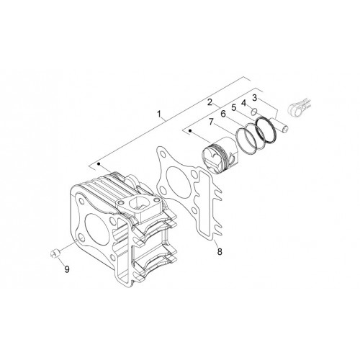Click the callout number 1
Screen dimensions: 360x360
click(x=158, y=114)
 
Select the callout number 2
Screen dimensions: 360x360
click(x=210, y=102)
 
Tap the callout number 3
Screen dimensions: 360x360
click(x=254, y=98)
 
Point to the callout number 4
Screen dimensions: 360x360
click(x=243, y=103)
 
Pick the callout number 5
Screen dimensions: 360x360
click(x=234, y=108)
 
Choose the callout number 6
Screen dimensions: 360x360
click(x=223, y=114)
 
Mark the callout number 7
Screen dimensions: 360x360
click(x=211, y=122)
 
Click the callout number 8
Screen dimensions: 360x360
click(x=220, y=251)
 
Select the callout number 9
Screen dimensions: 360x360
click(x=67, y=269)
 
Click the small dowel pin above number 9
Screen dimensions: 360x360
click(x=55, y=253)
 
